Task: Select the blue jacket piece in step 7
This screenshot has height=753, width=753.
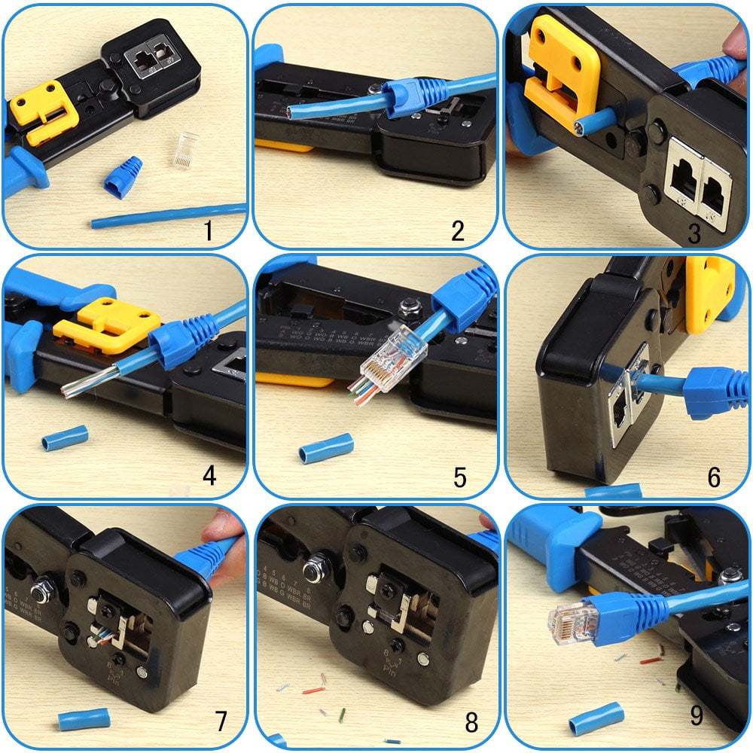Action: (x=84, y=718)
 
